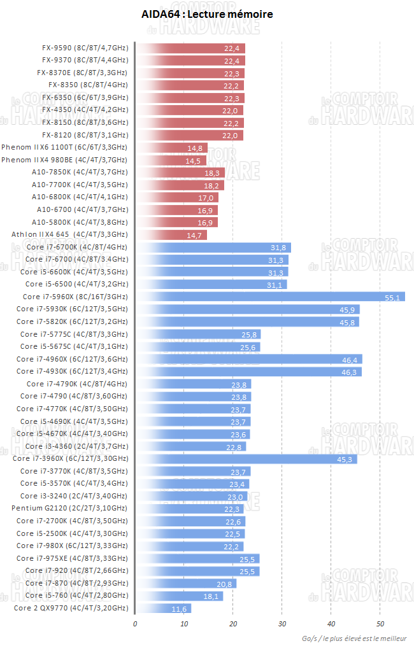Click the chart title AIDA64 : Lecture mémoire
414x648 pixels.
207,14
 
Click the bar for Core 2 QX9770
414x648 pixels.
163,609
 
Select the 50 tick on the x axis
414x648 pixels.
380,624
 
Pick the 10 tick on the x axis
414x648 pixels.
184,624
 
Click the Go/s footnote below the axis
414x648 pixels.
356,638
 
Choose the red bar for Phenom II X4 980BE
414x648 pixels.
171,160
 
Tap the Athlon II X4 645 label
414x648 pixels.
69,235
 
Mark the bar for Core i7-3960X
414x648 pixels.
246,459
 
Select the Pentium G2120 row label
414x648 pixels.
69,508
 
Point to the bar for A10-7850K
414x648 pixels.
180,173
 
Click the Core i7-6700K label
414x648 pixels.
76,247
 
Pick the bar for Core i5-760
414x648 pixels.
179,596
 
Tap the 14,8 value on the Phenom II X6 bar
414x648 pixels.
196,148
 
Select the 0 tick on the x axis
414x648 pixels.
135,624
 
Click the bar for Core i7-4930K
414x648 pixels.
248,372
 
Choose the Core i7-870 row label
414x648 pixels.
76,583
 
